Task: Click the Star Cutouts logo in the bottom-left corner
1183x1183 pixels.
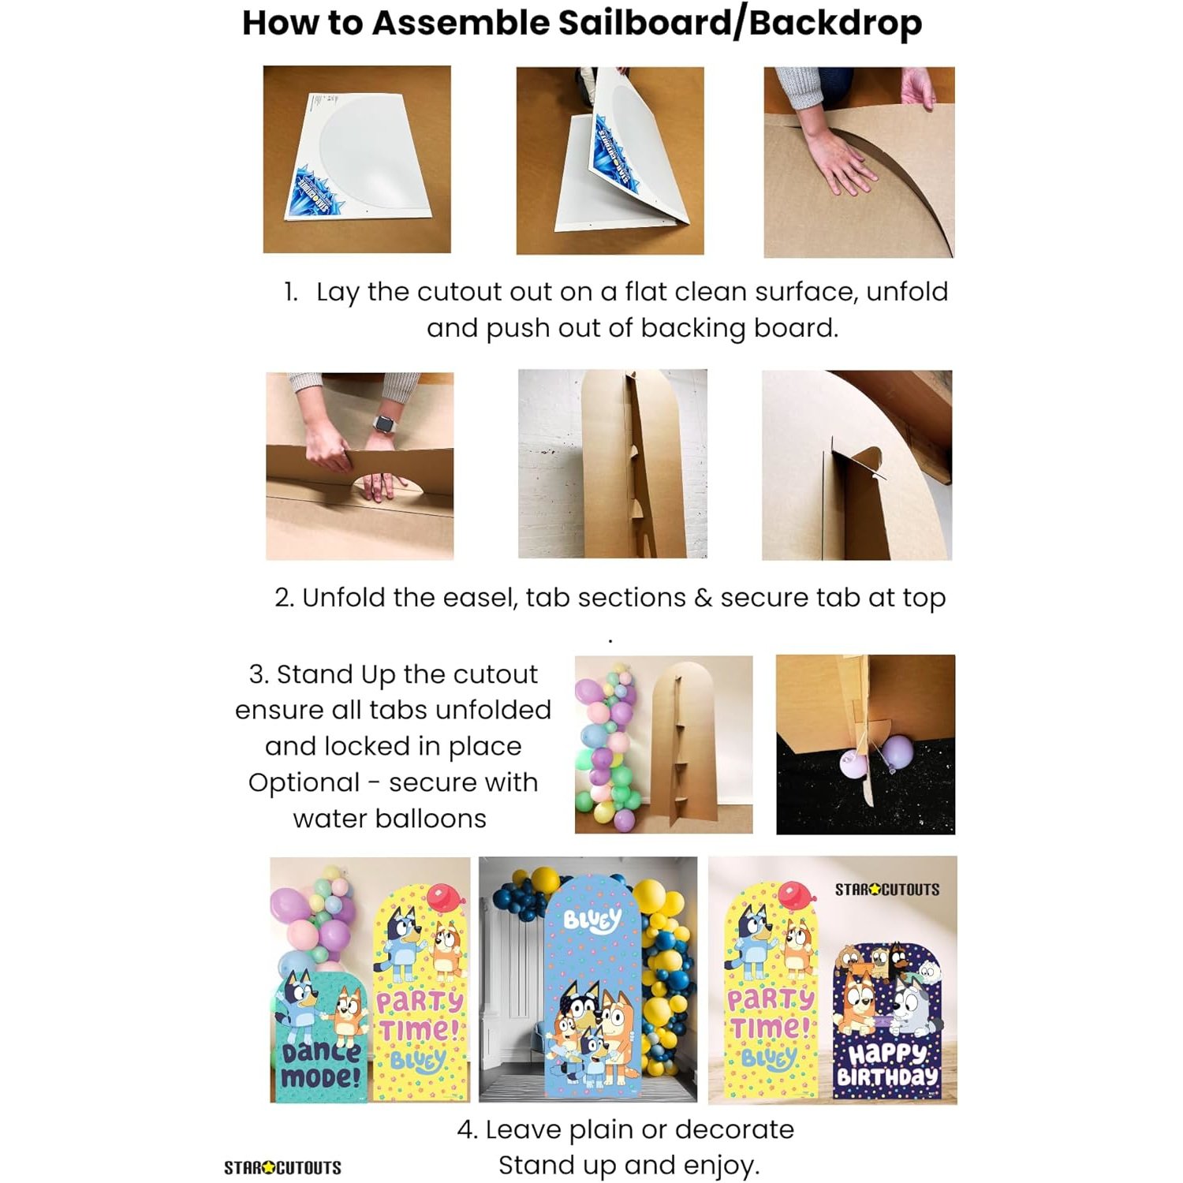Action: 282,1167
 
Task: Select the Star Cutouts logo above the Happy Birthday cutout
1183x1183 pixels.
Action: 887,890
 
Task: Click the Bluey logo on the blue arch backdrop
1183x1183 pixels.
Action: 592,920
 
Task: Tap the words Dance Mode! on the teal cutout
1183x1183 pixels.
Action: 322,1064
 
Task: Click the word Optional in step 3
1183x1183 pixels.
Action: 304,783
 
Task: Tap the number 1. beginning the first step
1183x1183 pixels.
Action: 291,292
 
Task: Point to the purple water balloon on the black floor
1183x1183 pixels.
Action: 897,752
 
